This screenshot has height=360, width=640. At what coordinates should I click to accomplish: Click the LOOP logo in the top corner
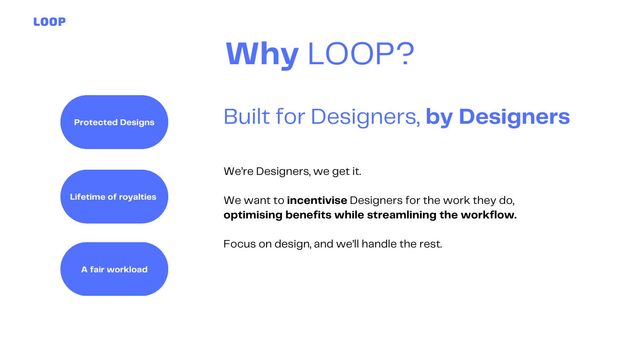tap(49, 22)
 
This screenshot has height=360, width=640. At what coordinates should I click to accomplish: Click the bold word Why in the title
tap(262, 54)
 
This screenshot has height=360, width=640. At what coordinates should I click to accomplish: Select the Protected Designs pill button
tap(114, 122)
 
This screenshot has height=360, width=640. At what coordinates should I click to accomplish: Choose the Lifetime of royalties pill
tap(114, 196)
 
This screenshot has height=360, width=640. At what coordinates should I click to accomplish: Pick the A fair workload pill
tap(114, 269)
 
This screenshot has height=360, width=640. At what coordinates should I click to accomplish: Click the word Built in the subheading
tap(246, 117)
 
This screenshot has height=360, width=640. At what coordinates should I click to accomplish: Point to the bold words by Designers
tap(498, 117)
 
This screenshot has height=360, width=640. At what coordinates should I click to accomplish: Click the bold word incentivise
tap(317, 201)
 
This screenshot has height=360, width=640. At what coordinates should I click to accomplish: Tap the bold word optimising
tap(253, 215)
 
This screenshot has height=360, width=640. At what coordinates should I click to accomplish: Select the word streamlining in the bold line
tap(402, 215)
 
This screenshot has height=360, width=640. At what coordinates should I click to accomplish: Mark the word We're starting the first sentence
tap(238, 171)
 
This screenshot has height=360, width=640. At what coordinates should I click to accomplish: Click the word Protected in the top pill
tap(96, 122)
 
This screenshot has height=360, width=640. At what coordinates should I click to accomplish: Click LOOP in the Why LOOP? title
tap(352, 54)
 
